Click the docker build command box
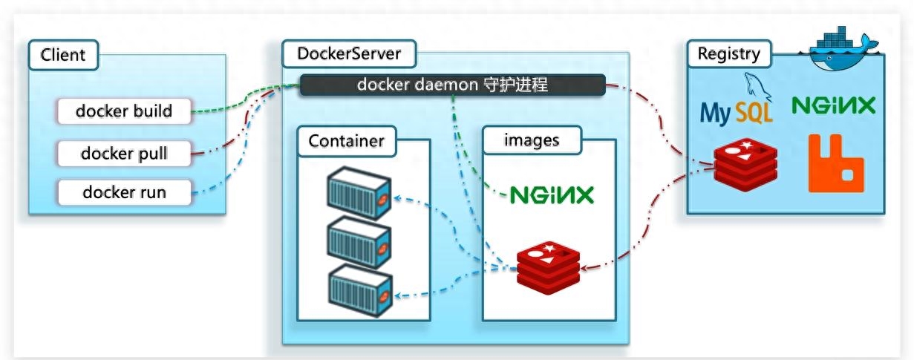click(x=124, y=111)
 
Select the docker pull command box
click(x=124, y=154)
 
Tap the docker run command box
click(x=124, y=192)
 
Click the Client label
click(x=63, y=55)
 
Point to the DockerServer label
click(x=349, y=53)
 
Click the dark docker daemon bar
click(x=452, y=85)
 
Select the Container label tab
click(x=347, y=141)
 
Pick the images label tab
click(x=532, y=140)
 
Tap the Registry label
click(x=729, y=53)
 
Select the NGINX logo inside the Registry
click(x=834, y=105)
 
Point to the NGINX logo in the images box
click(x=552, y=195)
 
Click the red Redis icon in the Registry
click(x=745, y=164)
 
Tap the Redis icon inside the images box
click(x=548, y=267)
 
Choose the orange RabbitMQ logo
click(x=836, y=163)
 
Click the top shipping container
click(x=359, y=192)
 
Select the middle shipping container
click(x=359, y=242)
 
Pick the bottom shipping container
click(x=360, y=290)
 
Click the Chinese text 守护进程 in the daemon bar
click(x=515, y=85)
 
